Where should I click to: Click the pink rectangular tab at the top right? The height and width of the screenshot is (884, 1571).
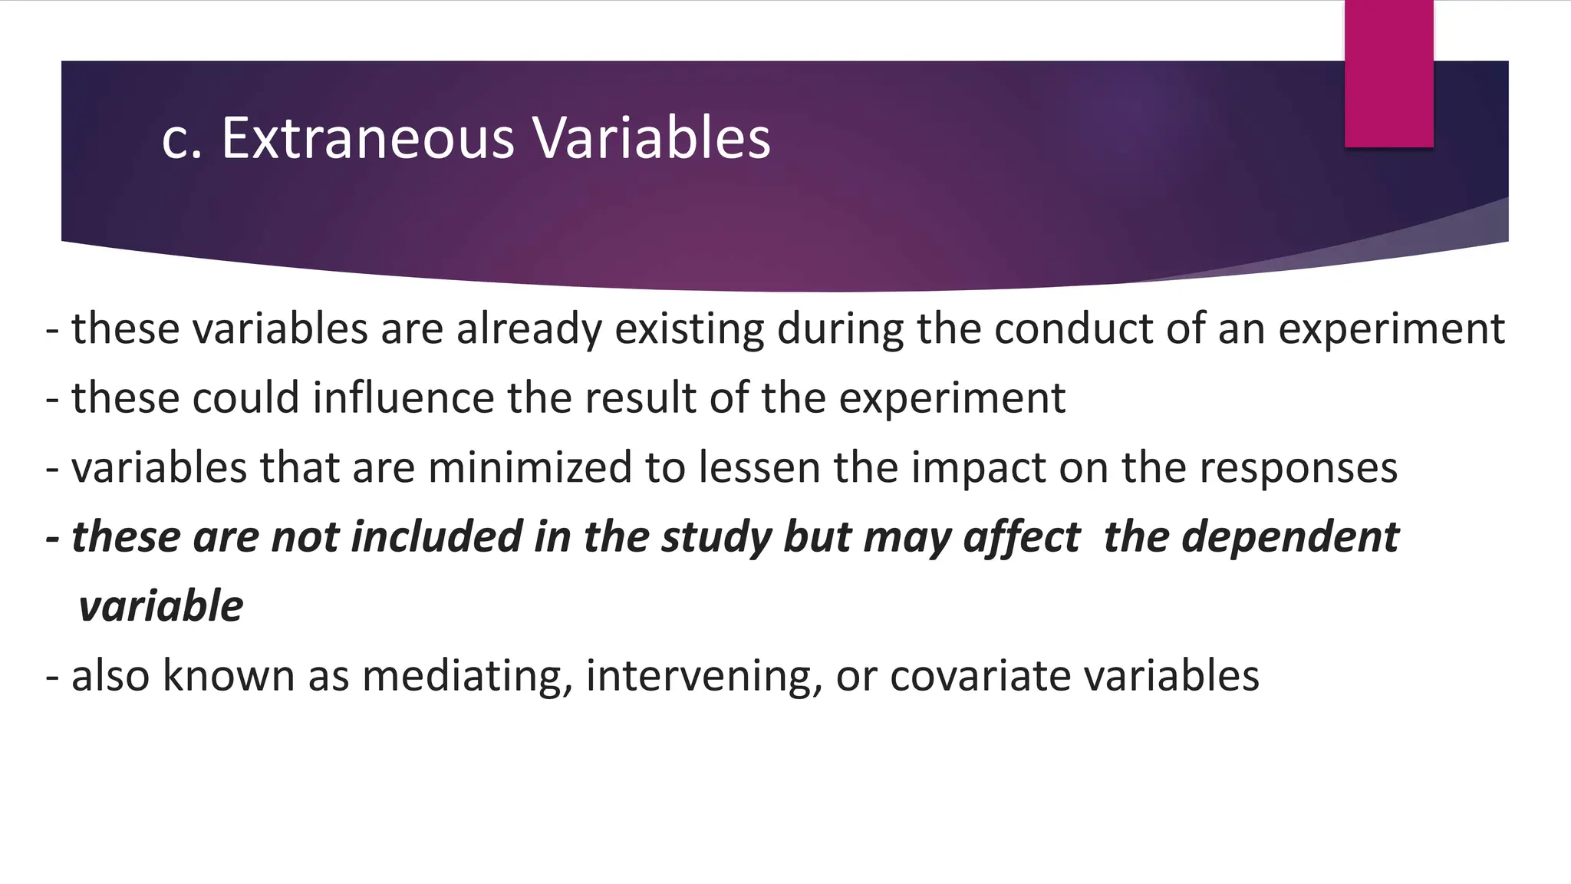pyautogui.click(x=1388, y=74)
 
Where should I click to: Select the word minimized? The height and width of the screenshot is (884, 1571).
pyautogui.click(x=530, y=467)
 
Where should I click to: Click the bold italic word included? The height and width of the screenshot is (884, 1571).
pyautogui.click(x=436, y=536)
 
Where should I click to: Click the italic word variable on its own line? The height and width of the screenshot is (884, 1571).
pyautogui.click(x=161, y=606)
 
